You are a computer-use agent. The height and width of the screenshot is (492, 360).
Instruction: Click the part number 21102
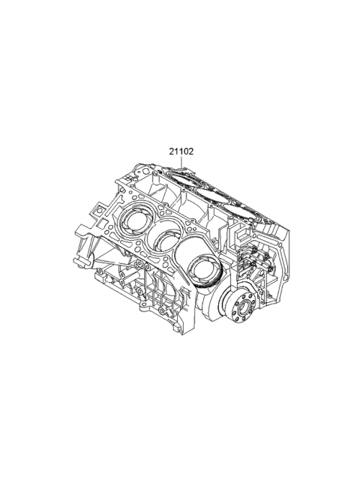(x=181, y=151)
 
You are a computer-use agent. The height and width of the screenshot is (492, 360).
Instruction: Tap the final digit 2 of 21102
(x=192, y=151)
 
